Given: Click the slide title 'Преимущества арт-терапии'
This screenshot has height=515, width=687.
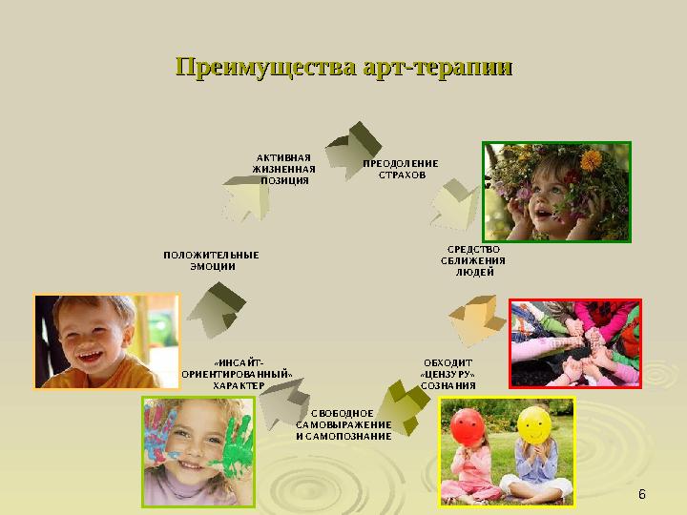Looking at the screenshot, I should pyautogui.click(x=343, y=68).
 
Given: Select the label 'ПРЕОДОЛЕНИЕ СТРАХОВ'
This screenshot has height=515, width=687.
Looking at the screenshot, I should pyautogui.click(x=401, y=169).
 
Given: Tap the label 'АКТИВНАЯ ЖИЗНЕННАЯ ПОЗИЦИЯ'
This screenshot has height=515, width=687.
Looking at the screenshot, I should pyautogui.click(x=284, y=168).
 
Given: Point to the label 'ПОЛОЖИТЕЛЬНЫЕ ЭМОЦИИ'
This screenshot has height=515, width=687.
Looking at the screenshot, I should pyautogui.click(x=211, y=260).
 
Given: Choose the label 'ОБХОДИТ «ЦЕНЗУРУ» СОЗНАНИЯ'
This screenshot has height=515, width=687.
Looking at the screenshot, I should pyautogui.click(x=448, y=374).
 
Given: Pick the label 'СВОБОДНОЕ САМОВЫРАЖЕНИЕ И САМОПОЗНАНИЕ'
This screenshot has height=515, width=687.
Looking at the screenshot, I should pyautogui.click(x=343, y=424).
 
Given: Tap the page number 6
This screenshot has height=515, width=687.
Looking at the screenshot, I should pyautogui.click(x=641, y=494).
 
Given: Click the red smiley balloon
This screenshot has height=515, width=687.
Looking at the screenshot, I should pyautogui.click(x=467, y=426).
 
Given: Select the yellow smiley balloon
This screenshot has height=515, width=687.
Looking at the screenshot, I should pyautogui.click(x=532, y=425).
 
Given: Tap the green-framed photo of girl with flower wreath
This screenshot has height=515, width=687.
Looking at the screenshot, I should pyautogui.click(x=556, y=194).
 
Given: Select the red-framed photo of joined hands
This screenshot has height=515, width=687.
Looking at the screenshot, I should pyautogui.click(x=575, y=343).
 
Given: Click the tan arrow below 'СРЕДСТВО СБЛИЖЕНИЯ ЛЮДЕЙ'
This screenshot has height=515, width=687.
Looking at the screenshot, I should pyautogui.click(x=477, y=319).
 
